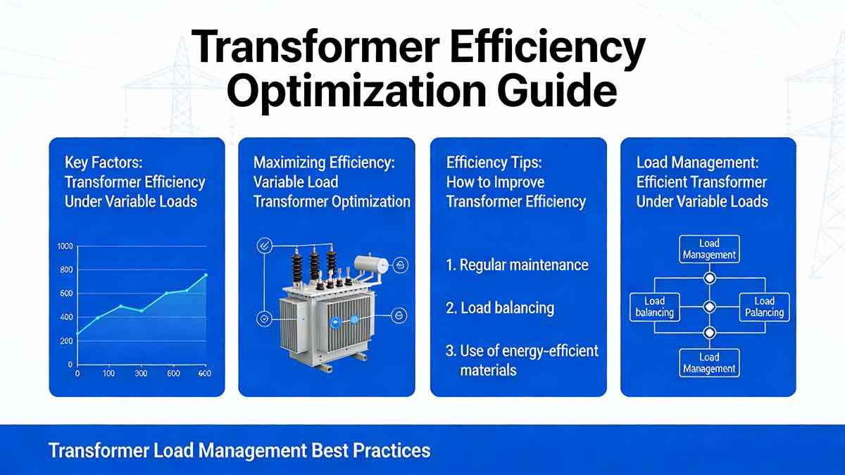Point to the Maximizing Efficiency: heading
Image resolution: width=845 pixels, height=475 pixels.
(x=324, y=163)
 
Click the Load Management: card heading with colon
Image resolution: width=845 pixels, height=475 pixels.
(x=697, y=163)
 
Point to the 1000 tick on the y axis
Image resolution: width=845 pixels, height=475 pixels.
(x=64, y=246)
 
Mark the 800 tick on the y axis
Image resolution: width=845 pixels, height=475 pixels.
(x=66, y=270)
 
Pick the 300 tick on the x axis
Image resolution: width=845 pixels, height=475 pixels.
(x=141, y=374)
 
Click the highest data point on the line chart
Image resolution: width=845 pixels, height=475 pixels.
(x=206, y=275)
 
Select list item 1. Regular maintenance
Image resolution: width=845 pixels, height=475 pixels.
(x=517, y=266)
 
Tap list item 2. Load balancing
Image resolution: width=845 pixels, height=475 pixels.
(x=500, y=308)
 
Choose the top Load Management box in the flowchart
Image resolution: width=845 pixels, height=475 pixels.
(x=709, y=249)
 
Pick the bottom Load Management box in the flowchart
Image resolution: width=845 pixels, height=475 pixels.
(x=709, y=363)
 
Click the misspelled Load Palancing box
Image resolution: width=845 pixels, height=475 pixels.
(x=764, y=307)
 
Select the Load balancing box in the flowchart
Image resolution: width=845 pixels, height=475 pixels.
(x=654, y=307)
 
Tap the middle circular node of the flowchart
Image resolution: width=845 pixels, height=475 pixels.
(x=710, y=307)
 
